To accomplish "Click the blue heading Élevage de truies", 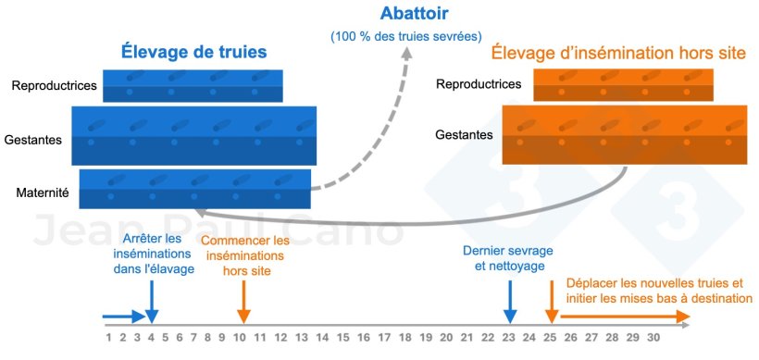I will coord(193,52).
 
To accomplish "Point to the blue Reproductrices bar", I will coord(193,86).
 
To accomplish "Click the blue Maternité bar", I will coord(195,189).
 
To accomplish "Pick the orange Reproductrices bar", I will coord(623,85).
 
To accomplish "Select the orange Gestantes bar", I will coord(624,134).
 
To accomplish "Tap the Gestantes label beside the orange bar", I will coord(464,135).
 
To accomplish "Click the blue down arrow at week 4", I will coord(152,305).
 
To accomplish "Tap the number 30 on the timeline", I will coord(653,337).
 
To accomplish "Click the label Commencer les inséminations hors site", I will coord(244,255).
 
